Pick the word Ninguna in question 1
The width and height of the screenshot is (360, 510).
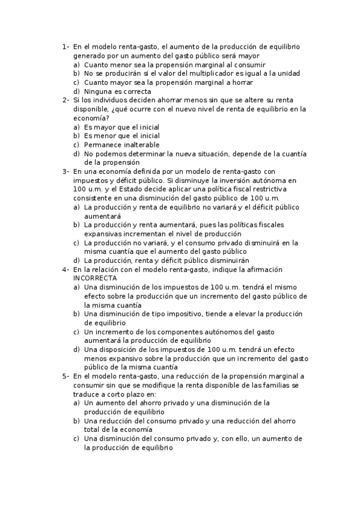pos(98,91)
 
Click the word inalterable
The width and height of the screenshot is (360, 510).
pos(139,145)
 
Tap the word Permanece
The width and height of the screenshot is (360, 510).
pos(102,145)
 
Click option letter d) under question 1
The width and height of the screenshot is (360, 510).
pos(76,91)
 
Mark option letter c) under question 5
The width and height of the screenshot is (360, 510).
pos(76,438)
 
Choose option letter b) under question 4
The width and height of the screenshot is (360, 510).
pos(76,314)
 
